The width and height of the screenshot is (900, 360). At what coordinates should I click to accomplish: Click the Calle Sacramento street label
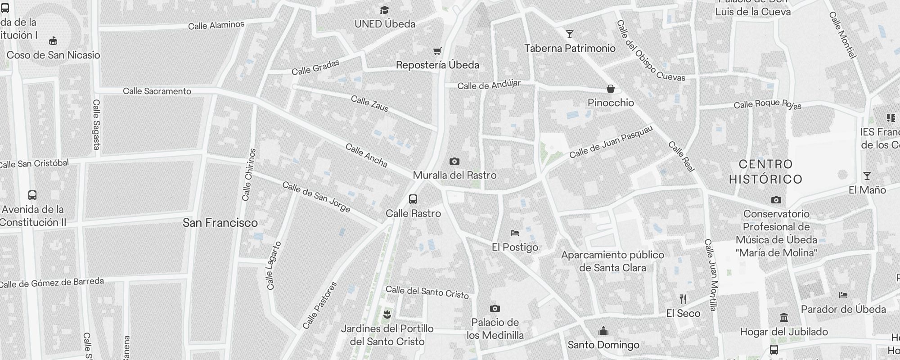[x=157, y=91]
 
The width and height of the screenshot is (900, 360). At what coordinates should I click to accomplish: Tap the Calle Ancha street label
[x=366, y=155]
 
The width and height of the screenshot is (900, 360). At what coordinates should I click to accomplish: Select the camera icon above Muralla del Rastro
[x=454, y=161]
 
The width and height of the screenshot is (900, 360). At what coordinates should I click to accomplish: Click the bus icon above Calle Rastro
[x=413, y=199]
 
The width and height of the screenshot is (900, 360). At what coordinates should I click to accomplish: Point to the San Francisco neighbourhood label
[x=220, y=223]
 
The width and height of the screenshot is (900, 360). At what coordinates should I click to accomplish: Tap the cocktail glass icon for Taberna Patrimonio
[x=570, y=34]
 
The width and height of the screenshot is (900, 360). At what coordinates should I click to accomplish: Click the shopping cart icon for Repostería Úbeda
[x=437, y=51]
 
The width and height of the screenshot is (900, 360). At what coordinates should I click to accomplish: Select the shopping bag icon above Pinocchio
[x=611, y=89]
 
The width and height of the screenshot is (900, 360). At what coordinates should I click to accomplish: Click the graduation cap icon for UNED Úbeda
[x=384, y=10]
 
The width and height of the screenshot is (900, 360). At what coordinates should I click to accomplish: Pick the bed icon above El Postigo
[x=515, y=233]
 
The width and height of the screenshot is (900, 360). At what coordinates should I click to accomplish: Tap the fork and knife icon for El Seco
[x=683, y=299]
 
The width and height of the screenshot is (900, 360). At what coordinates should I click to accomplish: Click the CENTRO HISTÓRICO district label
[x=766, y=171]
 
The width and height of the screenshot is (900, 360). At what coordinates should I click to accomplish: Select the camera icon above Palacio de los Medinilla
[x=495, y=308]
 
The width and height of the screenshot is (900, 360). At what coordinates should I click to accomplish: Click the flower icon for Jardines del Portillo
[x=387, y=315]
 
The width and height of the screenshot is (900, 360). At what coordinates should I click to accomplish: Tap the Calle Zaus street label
[x=369, y=103]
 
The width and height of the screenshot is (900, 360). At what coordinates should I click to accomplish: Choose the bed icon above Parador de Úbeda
[x=843, y=295]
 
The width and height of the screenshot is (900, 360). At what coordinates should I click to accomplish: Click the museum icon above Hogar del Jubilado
[x=784, y=318]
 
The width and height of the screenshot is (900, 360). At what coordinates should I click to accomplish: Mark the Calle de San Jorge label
[x=316, y=197]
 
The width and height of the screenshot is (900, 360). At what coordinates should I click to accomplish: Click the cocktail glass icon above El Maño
[x=867, y=176]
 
